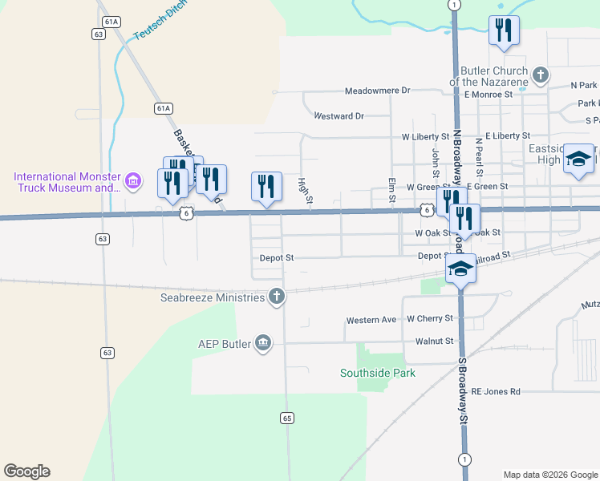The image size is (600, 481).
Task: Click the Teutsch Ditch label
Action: point(160,18)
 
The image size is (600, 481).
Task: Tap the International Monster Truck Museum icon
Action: point(133,182)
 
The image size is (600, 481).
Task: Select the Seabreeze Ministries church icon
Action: point(277,297)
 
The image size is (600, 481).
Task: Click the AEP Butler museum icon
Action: point(262,344)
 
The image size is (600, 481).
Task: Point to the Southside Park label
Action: point(378,373)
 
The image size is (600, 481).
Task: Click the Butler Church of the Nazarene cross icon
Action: point(541,76)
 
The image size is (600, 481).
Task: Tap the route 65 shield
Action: point(287,418)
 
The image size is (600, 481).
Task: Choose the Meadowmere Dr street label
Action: point(377,91)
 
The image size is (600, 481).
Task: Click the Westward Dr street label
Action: point(339,116)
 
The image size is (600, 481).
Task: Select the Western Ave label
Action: point(371,320)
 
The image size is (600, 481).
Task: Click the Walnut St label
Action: point(434,341)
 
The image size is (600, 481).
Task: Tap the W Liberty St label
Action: point(429,137)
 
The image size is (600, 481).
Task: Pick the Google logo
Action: point(26,471)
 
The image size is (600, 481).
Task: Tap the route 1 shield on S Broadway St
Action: point(464,459)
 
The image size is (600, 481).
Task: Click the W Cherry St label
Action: point(430,318)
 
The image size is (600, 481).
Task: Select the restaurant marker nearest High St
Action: point(266,186)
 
